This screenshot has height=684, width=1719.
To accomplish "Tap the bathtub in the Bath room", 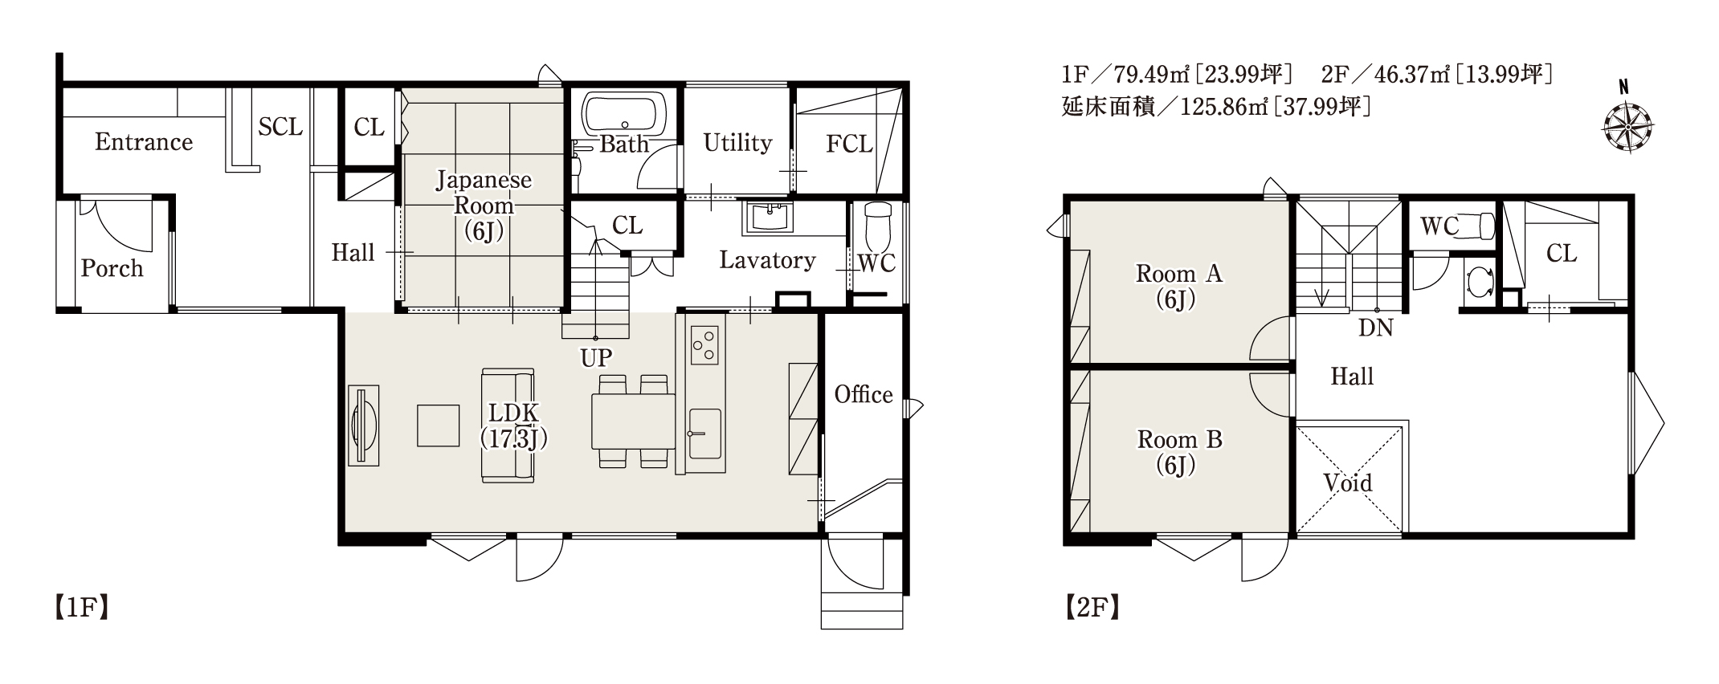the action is [624, 114].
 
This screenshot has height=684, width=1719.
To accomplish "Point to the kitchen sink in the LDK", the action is [704, 434].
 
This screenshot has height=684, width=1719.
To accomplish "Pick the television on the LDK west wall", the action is [363, 425].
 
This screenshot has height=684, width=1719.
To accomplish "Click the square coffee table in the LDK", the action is [438, 425].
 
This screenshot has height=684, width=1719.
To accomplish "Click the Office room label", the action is [864, 394].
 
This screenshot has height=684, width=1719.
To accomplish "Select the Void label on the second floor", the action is [1348, 482].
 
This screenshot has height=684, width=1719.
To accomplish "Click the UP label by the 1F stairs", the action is [596, 357].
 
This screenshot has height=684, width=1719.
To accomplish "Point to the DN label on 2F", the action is [1376, 327].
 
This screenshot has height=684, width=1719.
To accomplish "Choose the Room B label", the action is [1179, 439].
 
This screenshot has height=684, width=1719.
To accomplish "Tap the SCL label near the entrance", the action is [280, 126].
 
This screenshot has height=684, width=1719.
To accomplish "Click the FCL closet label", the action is [849, 144].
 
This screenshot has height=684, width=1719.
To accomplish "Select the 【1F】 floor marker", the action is [81, 608].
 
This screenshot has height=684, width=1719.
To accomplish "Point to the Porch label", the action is [112, 267].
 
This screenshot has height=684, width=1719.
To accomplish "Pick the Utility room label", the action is [737, 142].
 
